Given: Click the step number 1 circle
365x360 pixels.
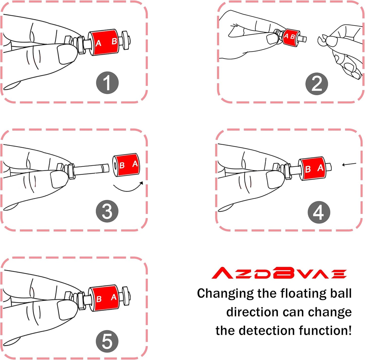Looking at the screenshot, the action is pos(107,83).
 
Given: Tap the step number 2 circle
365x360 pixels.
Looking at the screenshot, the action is pos(317,84).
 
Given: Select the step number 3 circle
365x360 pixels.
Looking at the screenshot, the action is pos(107,211).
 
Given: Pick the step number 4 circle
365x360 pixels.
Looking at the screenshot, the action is pos(319,212).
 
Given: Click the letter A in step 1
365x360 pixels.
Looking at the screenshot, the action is pos(98,43).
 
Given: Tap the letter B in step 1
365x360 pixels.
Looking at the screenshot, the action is pos(114,41).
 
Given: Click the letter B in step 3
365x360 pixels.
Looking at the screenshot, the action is pos(122,165).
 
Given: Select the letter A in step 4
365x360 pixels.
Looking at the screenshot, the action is pos(320,168).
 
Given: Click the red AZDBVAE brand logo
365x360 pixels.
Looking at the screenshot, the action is pos(279,273).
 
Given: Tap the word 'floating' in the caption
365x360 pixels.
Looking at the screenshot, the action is pos(303,293).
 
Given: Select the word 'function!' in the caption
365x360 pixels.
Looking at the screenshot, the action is pos(325,330).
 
